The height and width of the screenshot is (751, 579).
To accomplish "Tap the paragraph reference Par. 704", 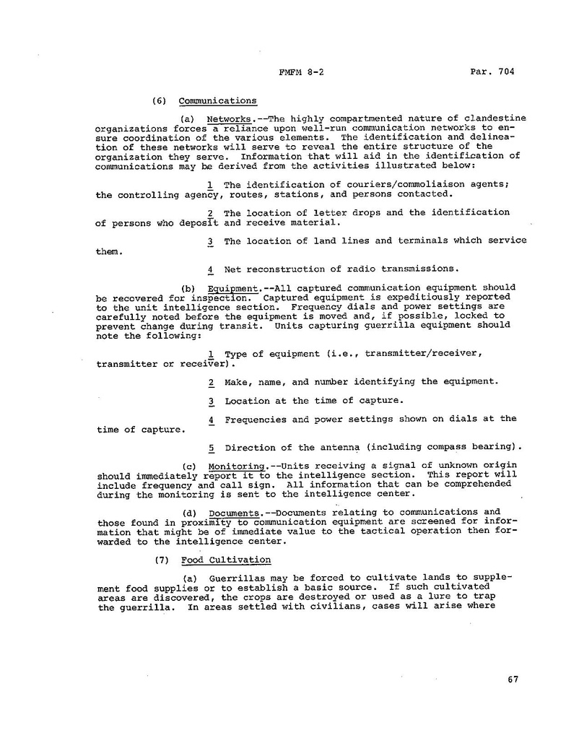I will tap(495, 71).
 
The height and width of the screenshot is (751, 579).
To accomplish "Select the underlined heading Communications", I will tap(217, 100).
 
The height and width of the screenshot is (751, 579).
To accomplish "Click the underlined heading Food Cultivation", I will tap(226, 559).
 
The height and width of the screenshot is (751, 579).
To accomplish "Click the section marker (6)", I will tap(161, 100).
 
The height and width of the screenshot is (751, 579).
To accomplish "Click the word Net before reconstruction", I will tap(232, 269).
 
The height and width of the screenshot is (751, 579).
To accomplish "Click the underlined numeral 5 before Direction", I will tap(210, 447).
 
